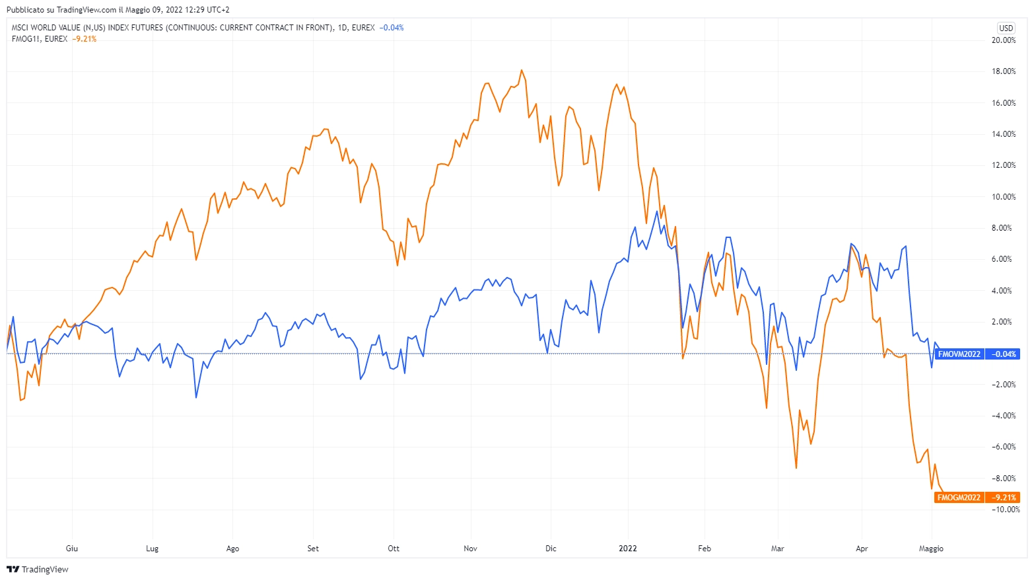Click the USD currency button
click(1006, 28)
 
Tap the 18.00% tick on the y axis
click(1004, 71)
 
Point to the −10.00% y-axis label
click(1004, 510)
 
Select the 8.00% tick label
click(1004, 228)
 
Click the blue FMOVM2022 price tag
click(959, 354)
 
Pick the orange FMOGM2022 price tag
click(959, 498)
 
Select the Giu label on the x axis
click(72, 549)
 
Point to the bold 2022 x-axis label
click(627, 549)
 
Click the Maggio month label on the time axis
click(931, 549)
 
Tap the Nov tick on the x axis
click(470, 549)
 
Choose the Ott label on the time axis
click(394, 549)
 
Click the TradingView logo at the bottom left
click(38, 569)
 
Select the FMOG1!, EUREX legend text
click(40, 39)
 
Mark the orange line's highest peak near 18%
click(522, 70)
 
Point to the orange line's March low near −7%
click(796, 468)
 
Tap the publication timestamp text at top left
click(118, 10)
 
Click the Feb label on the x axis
click(705, 549)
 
